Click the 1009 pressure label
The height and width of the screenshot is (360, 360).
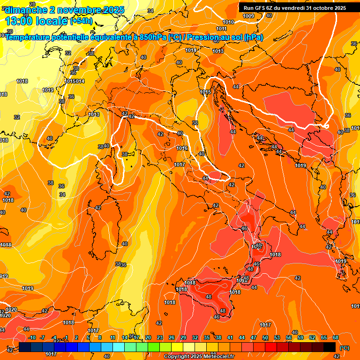pos(249,16)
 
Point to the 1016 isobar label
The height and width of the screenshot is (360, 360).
pos(182,149)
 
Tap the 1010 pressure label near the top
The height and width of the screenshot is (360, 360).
pos(229,22)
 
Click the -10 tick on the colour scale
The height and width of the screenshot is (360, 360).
pos(32,337)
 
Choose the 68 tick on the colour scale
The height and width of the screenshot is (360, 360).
pos(336,337)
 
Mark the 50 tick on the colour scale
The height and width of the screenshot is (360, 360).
pos(265,337)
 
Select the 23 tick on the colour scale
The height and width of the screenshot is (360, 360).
pos(159,337)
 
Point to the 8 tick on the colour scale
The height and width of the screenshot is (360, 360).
pos(100,337)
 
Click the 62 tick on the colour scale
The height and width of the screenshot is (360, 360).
pos(312,337)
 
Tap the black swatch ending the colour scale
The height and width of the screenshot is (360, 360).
pos(330,347)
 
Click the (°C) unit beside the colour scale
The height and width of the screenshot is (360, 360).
pos(345,348)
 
